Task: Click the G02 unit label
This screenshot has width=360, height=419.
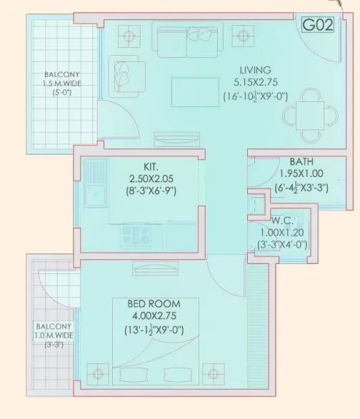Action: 316,26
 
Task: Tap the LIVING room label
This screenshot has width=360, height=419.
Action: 255,70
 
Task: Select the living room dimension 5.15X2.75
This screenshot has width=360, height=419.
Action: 255,83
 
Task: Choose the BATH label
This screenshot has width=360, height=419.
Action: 301,162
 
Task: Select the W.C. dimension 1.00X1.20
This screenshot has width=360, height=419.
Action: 282,233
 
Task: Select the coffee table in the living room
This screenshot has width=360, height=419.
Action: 190,91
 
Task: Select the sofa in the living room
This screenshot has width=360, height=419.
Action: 186,44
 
